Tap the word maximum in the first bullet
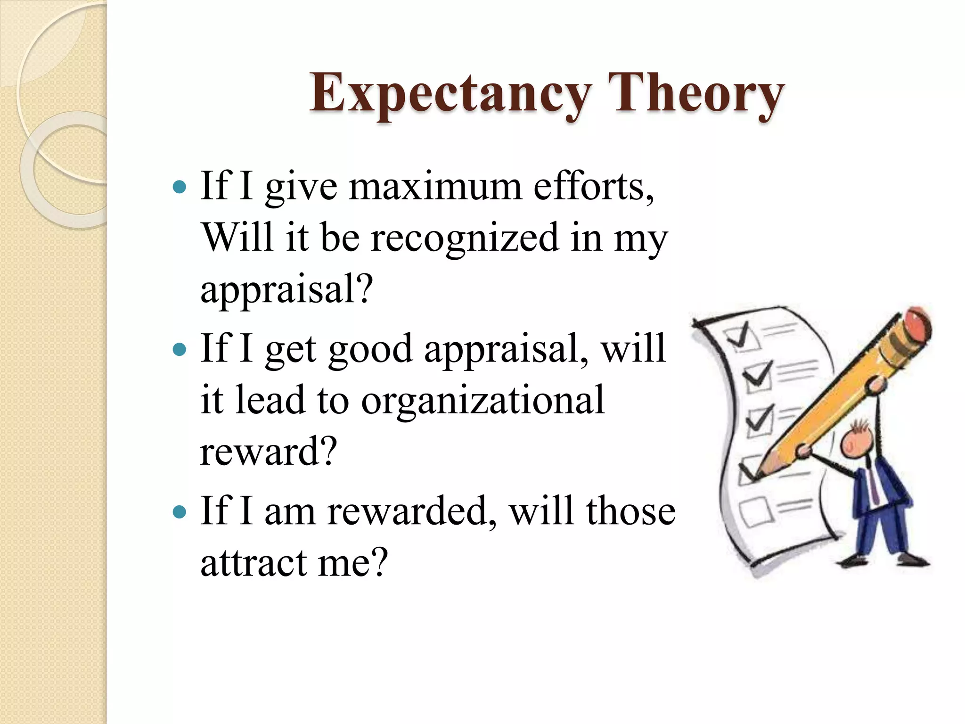pos(435,187)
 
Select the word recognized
pos(464,238)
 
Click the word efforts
pos(593,187)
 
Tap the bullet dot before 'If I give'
pos(180,188)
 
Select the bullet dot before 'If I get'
pos(180,350)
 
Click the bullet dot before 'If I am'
pos(180,512)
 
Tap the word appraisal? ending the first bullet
pos(286,289)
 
